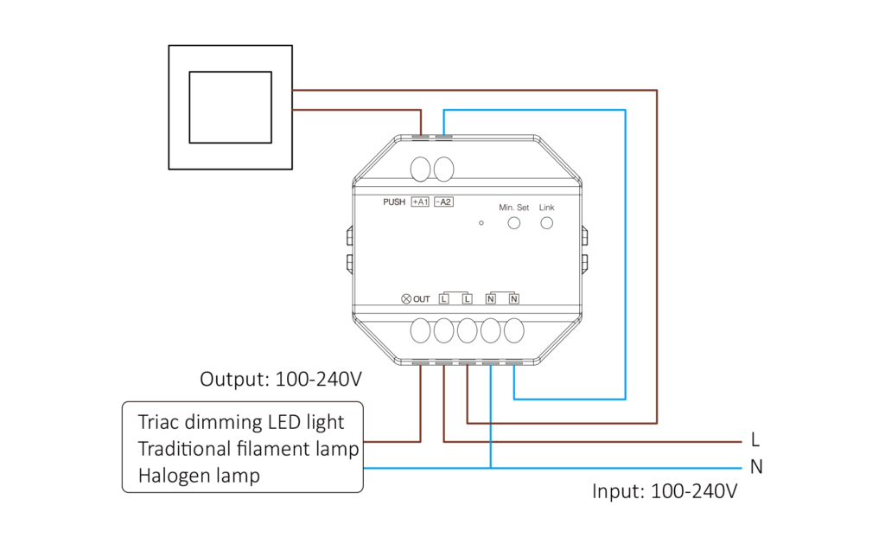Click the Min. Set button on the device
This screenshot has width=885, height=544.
[x=514, y=223]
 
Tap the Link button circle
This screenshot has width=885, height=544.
[x=546, y=223]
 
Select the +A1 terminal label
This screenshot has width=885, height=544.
[x=420, y=202]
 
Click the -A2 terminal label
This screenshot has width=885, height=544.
[x=443, y=202]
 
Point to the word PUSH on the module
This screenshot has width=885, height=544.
[x=394, y=202]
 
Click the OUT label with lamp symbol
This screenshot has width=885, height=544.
[x=416, y=299]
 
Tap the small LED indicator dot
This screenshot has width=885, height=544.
[x=481, y=223]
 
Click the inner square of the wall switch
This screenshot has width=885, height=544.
[x=230, y=107]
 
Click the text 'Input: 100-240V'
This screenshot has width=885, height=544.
[x=665, y=492]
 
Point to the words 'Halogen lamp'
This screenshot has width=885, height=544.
[x=199, y=476]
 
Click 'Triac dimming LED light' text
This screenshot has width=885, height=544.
[x=241, y=422]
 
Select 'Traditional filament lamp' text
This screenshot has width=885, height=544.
[x=248, y=449]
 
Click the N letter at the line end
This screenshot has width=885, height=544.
[x=757, y=468]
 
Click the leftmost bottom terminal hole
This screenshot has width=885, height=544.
[x=421, y=331]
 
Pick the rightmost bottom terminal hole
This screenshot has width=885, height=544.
[x=514, y=331]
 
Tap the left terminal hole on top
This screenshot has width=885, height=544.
[x=421, y=169]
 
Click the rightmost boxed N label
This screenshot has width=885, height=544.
[x=514, y=299]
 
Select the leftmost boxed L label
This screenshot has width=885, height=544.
[x=444, y=299]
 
